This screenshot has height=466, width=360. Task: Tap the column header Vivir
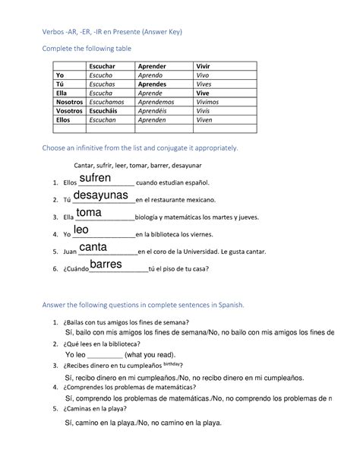tap(204, 66)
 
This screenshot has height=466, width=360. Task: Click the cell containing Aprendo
tap(152, 76)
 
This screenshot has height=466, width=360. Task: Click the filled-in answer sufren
tap(95, 178)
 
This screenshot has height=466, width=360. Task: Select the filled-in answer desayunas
tap(101, 195)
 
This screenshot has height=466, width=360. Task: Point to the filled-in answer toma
tap(89, 212)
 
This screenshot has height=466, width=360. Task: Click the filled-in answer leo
tap(81, 230)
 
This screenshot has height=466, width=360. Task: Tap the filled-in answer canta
tap(93, 247)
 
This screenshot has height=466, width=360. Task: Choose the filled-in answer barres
tap(106, 265)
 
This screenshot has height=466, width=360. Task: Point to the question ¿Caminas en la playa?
tap(104, 407)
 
